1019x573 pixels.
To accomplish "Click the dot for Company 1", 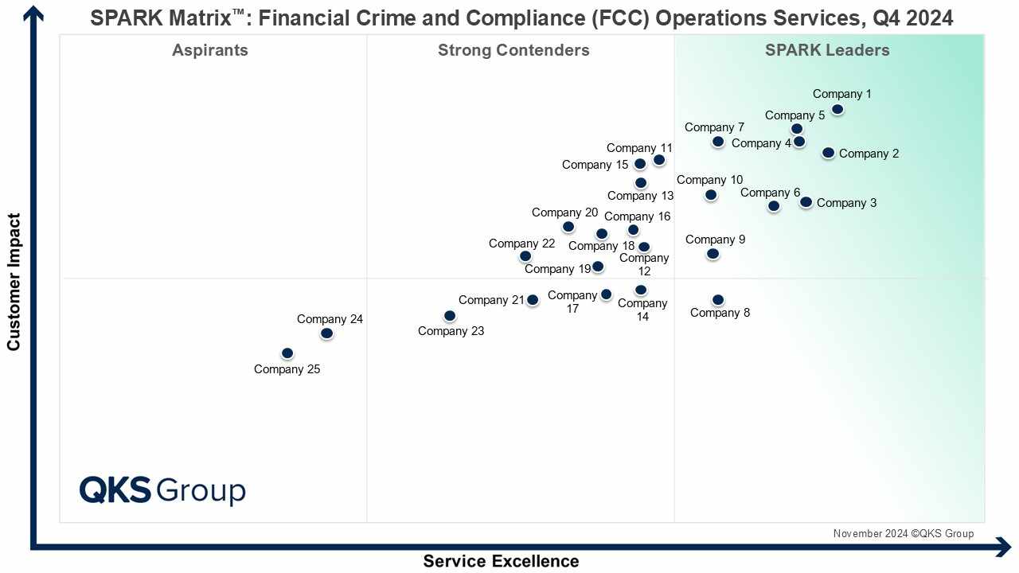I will click(837, 110).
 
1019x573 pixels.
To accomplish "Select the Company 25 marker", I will click(287, 353).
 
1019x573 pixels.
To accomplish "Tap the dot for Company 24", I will click(326, 333).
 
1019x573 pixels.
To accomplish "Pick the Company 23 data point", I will click(450, 316).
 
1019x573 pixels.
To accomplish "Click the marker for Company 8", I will click(718, 300).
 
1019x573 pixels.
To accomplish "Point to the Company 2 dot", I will click(829, 153).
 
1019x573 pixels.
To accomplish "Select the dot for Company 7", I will click(718, 142).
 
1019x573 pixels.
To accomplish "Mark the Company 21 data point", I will click(533, 300).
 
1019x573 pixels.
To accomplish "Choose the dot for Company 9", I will click(713, 254).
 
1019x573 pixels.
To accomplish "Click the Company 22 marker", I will click(525, 256).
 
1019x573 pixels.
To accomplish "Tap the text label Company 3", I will click(846, 203).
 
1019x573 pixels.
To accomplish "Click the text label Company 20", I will click(564, 212).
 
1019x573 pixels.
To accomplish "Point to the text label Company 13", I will click(640, 196).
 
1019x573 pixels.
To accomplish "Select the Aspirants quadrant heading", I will click(210, 50).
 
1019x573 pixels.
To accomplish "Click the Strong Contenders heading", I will click(513, 50).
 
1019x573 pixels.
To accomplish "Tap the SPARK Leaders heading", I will click(827, 50).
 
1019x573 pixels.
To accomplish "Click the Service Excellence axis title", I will click(501, 561).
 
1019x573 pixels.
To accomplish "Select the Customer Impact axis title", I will click(14, 281).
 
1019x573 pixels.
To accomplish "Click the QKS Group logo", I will click(162, 489).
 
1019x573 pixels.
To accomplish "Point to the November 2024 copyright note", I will click(903, 534).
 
